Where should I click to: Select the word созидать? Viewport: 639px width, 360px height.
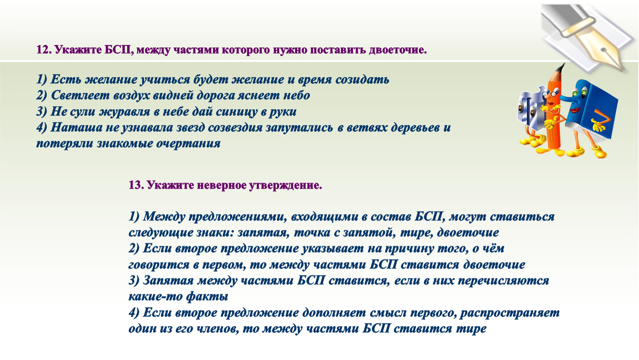362,80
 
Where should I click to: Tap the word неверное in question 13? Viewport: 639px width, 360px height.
221,185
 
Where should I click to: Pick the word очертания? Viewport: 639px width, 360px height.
188,143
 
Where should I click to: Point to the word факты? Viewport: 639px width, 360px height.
207,297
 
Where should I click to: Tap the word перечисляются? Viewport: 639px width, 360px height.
503,281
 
